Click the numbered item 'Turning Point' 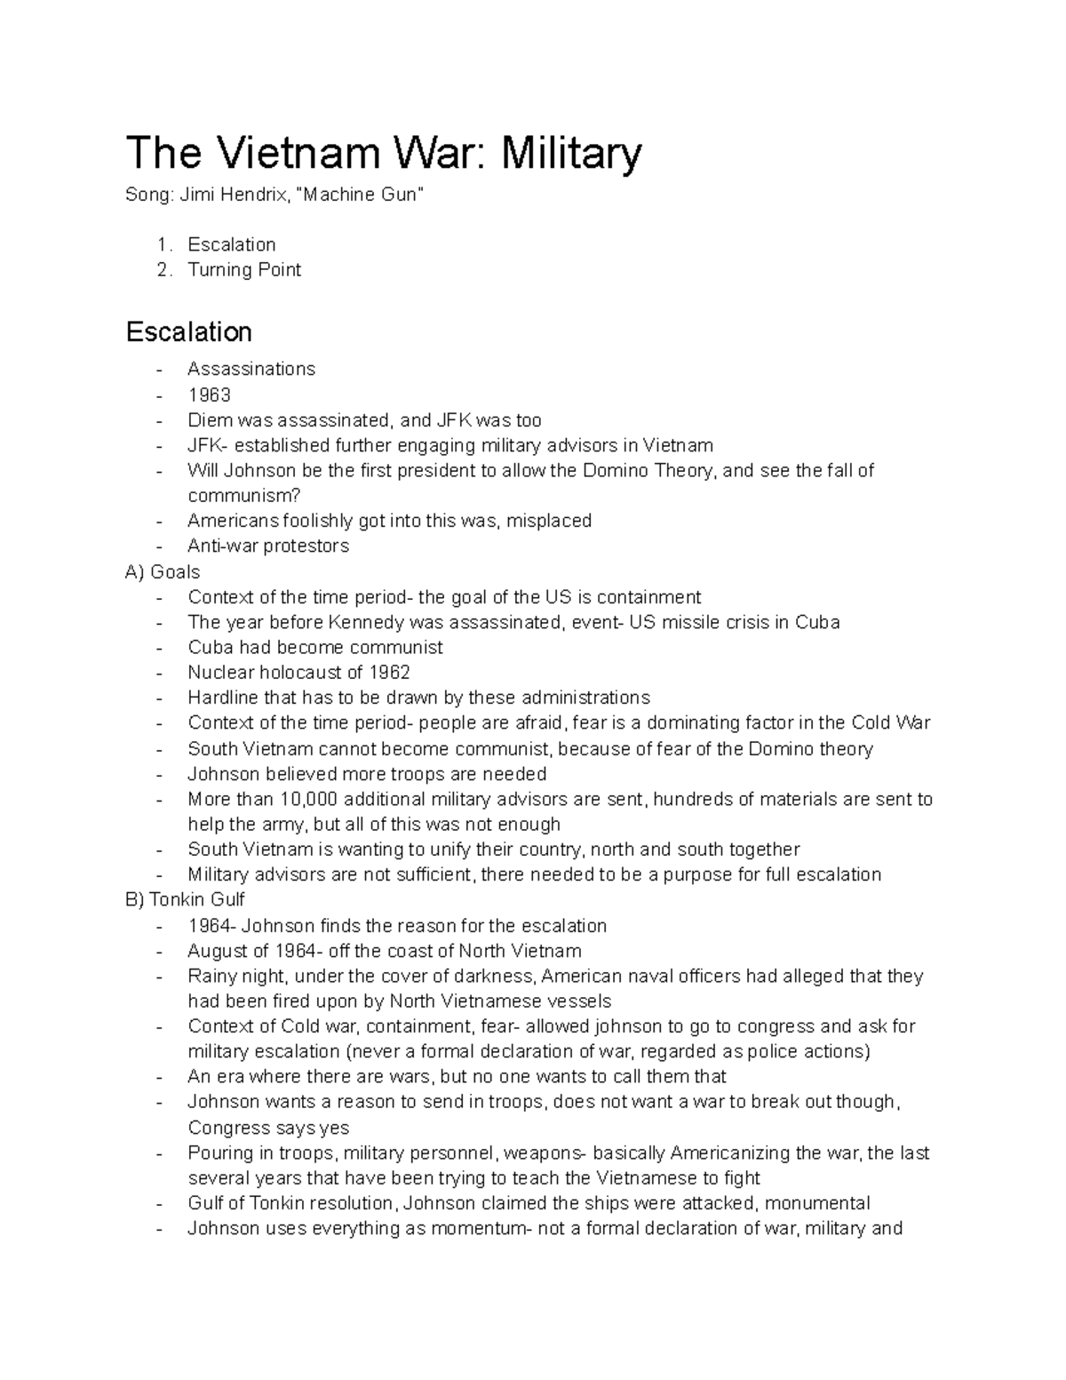[244, 269]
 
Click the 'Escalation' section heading [189, 332]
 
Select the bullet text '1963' [209, 395]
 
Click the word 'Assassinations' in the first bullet [251, 369]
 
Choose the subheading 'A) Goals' [163, 571]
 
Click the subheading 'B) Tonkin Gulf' [185, 899]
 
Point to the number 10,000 [310, 799]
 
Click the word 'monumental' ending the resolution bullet [817, 1203]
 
